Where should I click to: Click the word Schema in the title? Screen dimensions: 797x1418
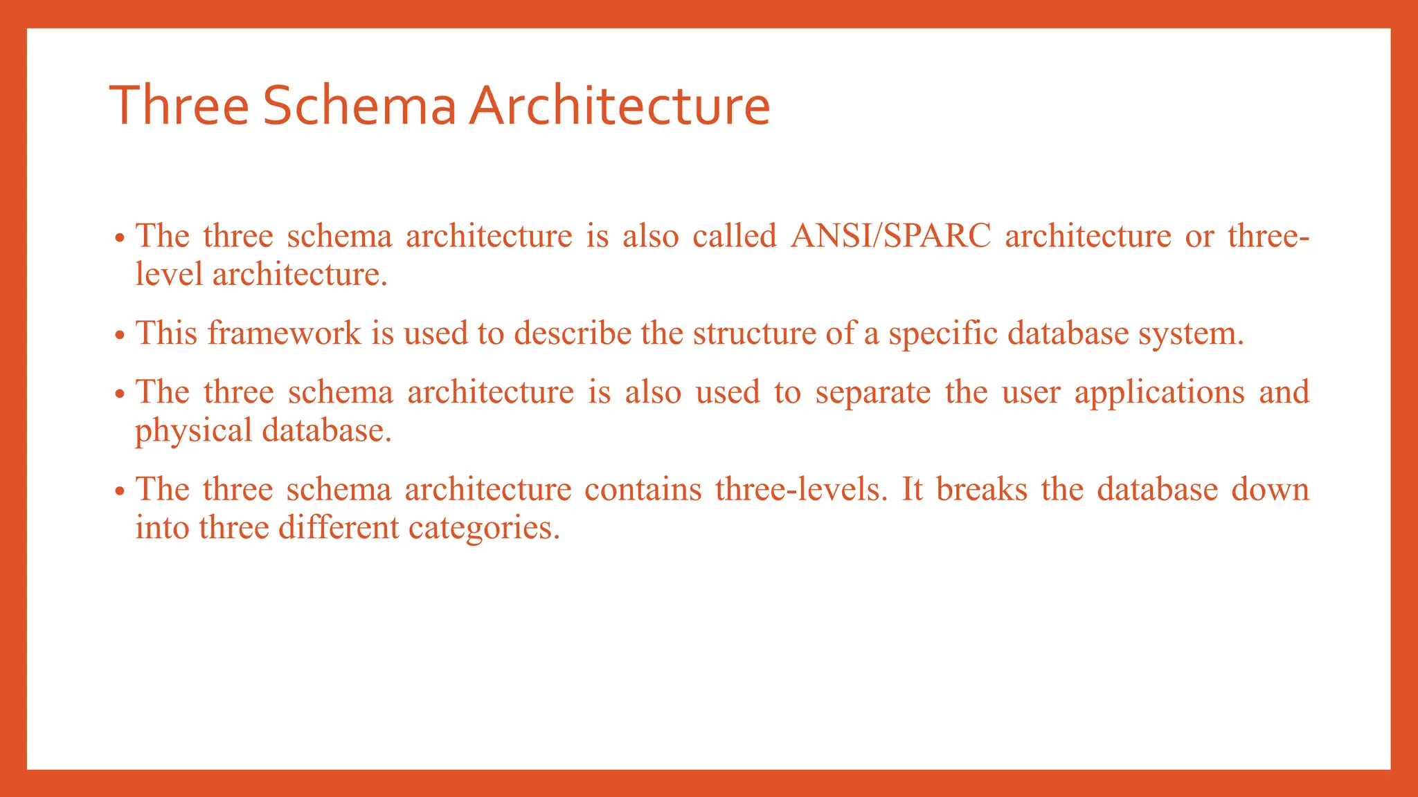(x=359, y=106)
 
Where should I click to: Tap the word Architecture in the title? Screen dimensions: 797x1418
(x=619, y=106)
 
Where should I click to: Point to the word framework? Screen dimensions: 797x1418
(x=284, y=333)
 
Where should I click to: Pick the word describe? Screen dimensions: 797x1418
(x=573, y=333)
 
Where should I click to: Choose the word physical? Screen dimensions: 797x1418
(x=193, y=431)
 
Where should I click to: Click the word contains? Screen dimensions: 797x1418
(x=643, y=489)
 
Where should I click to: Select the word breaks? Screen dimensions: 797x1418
(x=982, y=489)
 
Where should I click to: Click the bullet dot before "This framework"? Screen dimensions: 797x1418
(x=120, y=336)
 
